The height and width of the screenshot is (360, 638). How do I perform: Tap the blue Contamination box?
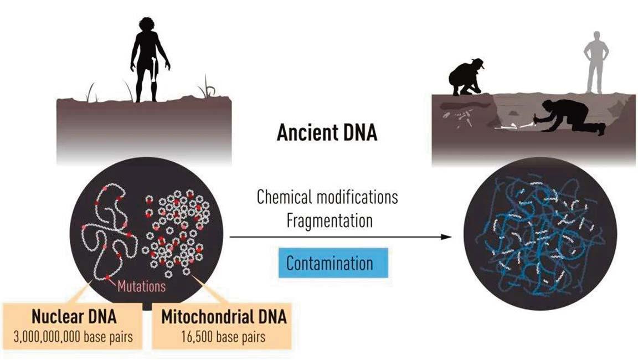(x=329, y=263)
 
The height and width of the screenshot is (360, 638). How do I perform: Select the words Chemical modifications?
(x=327, y=198)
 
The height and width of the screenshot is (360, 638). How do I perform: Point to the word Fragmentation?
(x=329, y=221)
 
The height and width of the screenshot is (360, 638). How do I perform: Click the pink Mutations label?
(x=141, y=286)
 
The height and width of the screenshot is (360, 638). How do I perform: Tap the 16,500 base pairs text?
(x=224, y=336)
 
